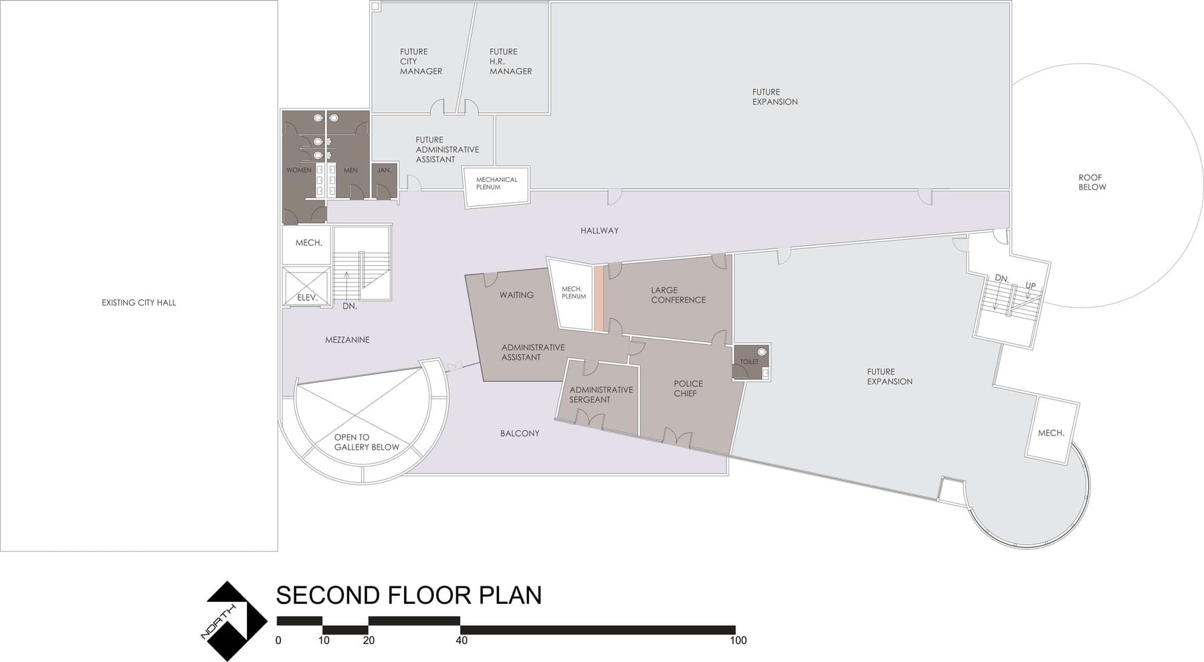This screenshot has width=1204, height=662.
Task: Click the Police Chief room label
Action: point(688,388)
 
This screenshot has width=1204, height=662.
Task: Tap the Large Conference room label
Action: point(678,295)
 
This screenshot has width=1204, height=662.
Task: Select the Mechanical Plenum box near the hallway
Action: point(496,185)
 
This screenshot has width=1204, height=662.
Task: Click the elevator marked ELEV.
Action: point(306,286)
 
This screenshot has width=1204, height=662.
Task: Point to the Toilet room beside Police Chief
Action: point(751,362)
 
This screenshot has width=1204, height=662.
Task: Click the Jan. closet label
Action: point(384,170)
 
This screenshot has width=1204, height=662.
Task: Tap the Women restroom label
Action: point(299,170)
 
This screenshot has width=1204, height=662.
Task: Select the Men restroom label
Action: point(350,170)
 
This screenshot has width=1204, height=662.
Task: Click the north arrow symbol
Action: point(228,621)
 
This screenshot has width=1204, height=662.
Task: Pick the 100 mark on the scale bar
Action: point(738,641)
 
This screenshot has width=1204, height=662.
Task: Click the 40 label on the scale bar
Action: point(462,641)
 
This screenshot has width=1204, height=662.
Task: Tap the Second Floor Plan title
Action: point(409,595)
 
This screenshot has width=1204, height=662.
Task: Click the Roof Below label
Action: point(1092,182)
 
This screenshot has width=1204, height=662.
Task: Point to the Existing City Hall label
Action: point(138,303)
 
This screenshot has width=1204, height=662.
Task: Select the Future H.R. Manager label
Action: point(510,62)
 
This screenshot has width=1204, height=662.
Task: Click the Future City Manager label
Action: point(421,62)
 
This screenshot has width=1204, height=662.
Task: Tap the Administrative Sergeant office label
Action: point(601,395)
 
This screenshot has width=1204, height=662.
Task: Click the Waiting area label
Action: point(516,295)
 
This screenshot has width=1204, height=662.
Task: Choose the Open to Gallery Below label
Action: point(366,442)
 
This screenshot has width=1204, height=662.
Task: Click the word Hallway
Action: point(599,231)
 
